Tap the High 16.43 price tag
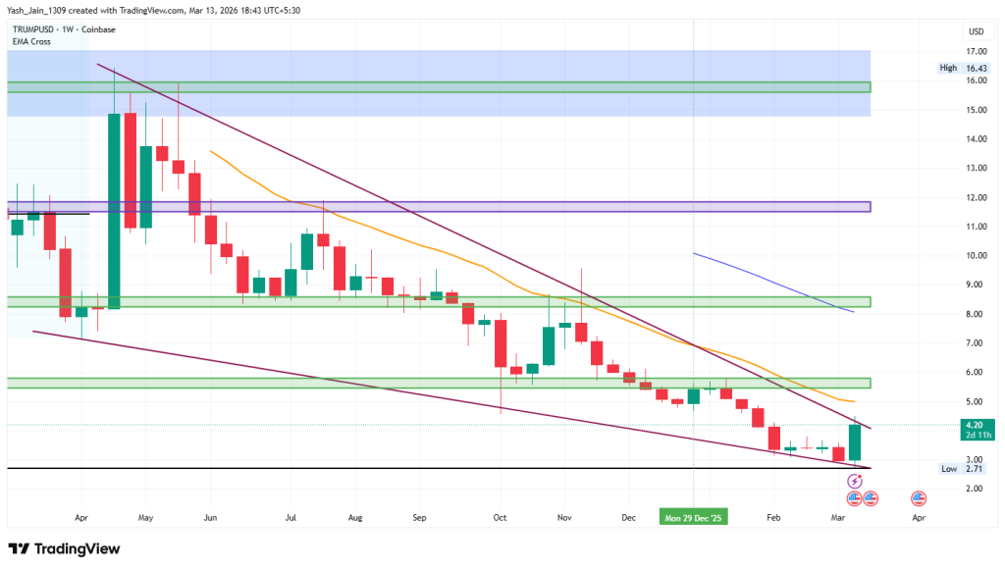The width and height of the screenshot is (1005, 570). [958, 68]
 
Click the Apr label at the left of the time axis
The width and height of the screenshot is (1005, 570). [81, 515]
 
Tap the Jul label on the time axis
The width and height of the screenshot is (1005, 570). [291, 515]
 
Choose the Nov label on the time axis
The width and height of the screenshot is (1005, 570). [564, 515]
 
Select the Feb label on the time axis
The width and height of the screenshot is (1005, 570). [773, 515]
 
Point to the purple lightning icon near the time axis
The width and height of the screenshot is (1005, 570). [854, 482]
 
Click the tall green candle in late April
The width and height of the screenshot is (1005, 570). [114, 211]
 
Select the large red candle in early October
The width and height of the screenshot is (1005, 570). [501, 343]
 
